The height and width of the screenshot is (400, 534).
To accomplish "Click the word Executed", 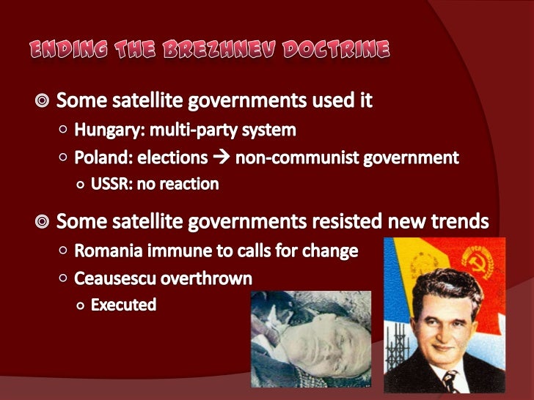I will click(123, 304).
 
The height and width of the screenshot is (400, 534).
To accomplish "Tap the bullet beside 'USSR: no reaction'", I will click(80, 184).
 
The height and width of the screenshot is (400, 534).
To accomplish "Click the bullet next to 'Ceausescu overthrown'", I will click(64, 278).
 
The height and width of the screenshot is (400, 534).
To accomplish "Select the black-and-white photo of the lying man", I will click(311, 341).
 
